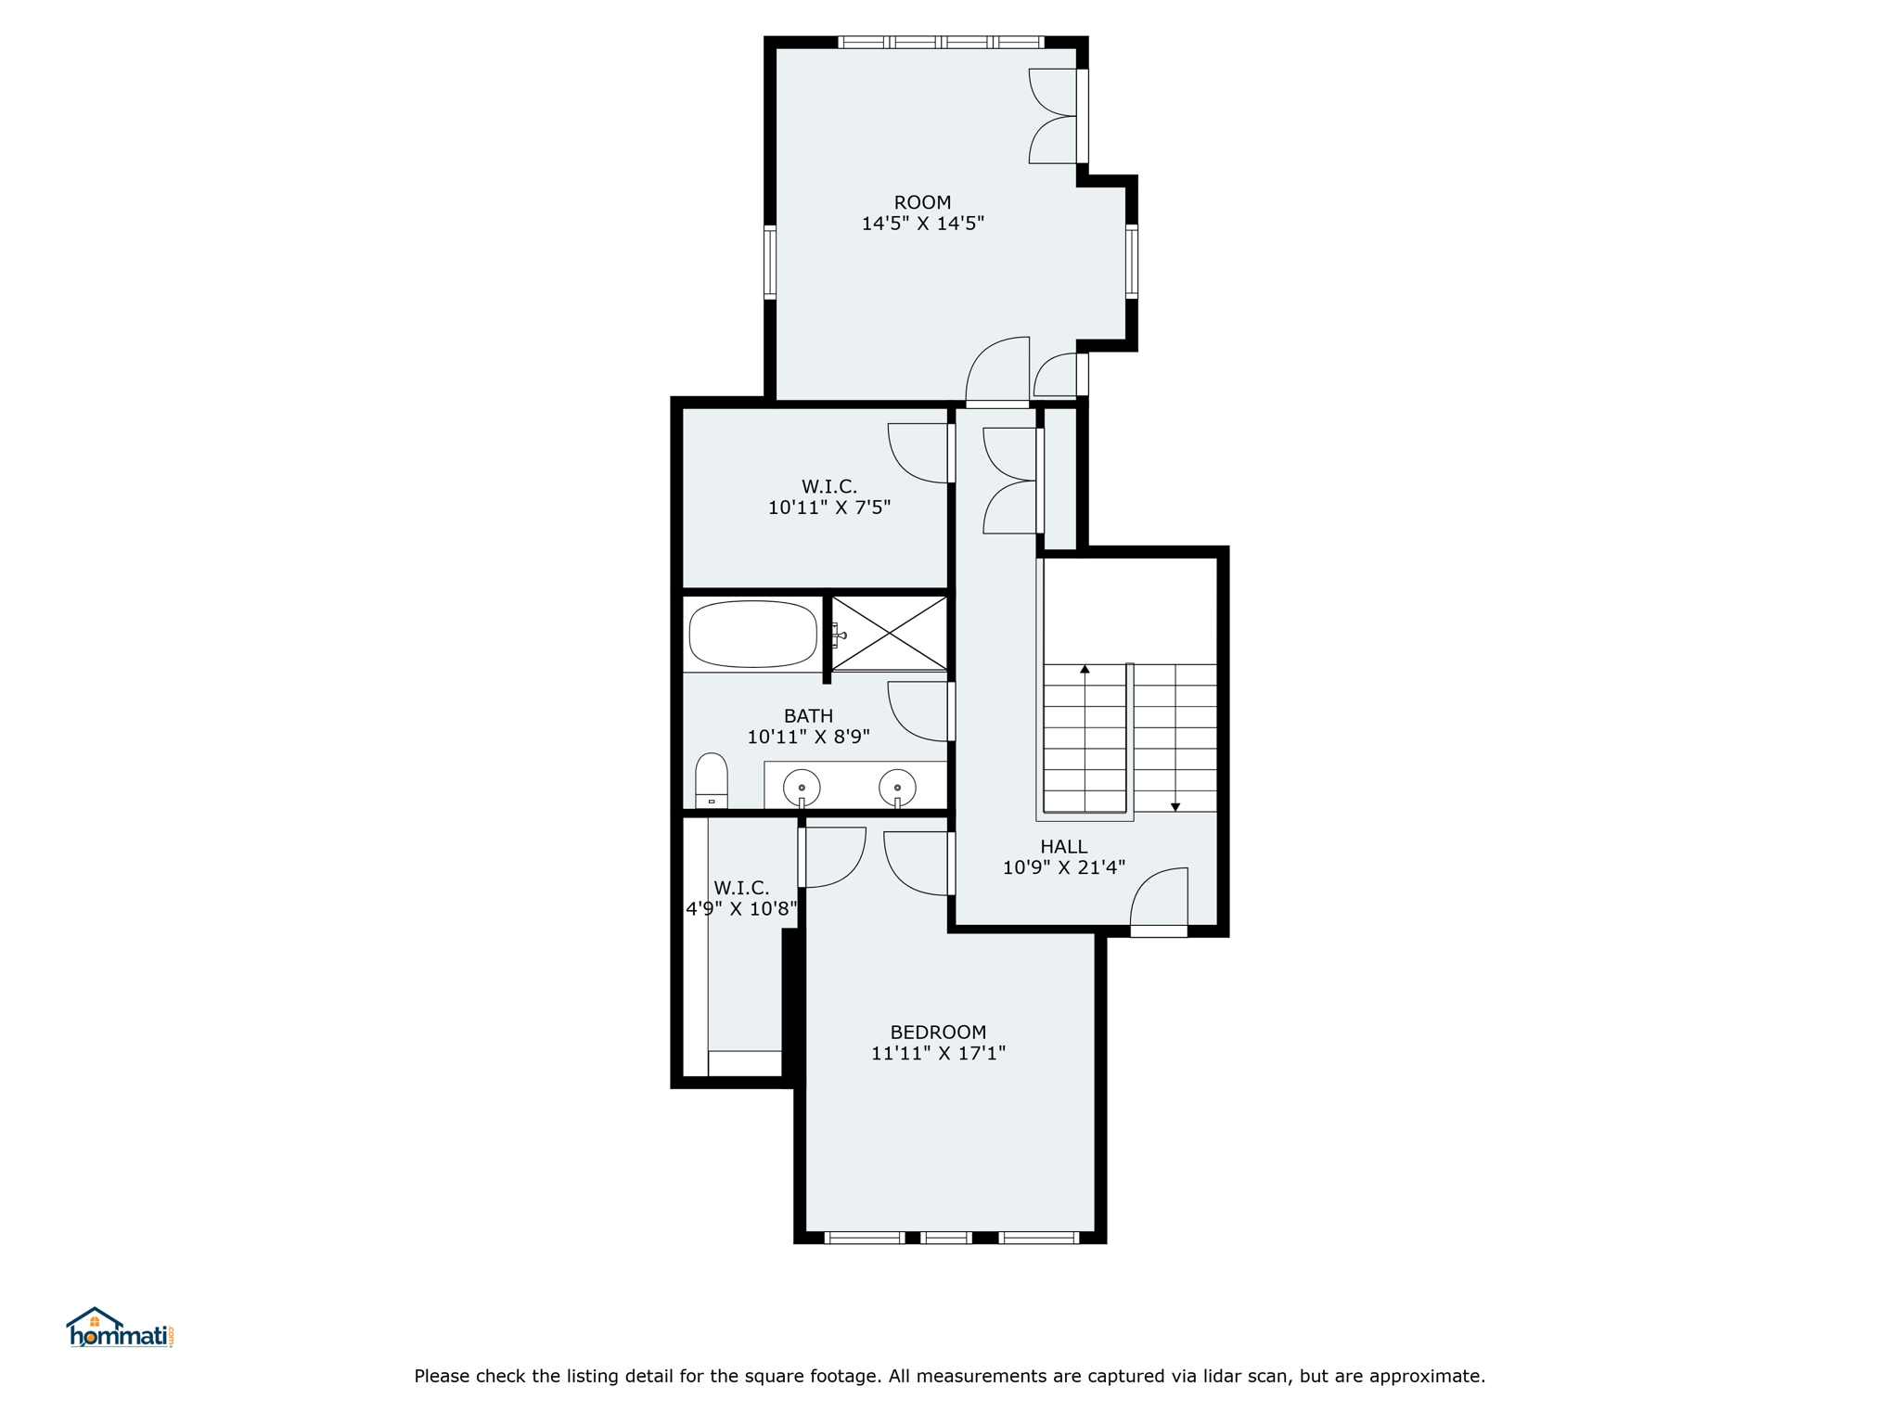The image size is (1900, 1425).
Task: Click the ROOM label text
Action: tap(922, 202)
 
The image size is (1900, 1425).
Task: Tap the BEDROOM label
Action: tap(938, 1032)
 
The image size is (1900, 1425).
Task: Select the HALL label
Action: tap(1063, 846)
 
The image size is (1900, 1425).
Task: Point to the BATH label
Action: tap(808, 715)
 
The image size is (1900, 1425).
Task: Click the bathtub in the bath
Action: tap(752, 634)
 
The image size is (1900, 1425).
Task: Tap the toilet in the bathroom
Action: tap(712, 780)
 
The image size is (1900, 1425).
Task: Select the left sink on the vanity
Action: tap(802, 789)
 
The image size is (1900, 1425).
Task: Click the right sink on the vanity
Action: tap(897, 789)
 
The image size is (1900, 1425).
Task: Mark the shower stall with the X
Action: tap(889, 633)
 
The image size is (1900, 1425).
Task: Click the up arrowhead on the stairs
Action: tap(1085, 668)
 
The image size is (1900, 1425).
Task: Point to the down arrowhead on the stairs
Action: tap(1175, 807)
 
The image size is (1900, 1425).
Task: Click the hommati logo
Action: tap(120, 1328)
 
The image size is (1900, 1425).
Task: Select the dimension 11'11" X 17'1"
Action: tap(938, 1053)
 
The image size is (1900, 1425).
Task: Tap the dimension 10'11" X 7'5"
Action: tap(829, 507)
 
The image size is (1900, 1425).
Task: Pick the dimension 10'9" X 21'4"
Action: tap(1063, 867)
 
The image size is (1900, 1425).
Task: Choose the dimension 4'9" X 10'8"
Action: tap(741, 909)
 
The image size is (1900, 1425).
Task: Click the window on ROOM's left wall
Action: tap(770, 262)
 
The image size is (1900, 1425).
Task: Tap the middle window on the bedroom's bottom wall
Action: tap(946, 1237)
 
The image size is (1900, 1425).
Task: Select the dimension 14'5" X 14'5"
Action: tap(922, 224)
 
